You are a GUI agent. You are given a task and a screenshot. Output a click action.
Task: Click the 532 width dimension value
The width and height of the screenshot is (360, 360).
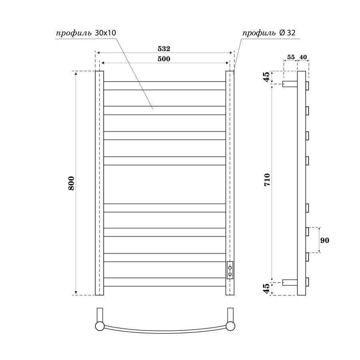coord(164,49)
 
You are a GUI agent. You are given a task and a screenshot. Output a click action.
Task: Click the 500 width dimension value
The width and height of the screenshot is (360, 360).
coord(164,59)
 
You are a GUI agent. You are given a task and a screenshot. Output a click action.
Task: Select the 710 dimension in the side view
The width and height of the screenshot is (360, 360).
coord(267,181)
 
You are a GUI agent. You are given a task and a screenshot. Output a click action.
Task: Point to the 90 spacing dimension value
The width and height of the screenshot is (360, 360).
coord(325,240)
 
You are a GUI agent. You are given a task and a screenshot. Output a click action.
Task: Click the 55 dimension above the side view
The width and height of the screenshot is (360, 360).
coord(290,57)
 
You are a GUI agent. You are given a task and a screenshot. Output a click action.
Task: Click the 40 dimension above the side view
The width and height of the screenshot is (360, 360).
coord(303,57)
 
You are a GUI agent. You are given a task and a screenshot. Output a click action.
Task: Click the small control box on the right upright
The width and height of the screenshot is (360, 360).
coord(230,270)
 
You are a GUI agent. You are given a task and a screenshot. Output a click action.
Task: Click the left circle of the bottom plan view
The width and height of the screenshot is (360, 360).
coord(100,326)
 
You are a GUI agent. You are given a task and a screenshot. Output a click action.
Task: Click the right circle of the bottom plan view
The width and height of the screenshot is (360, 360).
coord(230,326)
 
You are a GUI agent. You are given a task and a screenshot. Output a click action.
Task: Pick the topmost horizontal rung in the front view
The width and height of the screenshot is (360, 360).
coord(164,86)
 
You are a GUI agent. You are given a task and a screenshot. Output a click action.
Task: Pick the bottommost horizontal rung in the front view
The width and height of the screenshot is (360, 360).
coord(164,282)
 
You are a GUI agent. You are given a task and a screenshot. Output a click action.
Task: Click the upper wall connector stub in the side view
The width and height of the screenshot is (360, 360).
coord(290,84)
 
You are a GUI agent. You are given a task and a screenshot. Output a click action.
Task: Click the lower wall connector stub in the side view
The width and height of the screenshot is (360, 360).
coord(290,282)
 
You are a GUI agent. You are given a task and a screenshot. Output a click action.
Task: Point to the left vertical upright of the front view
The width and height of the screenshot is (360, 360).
coord(100,183)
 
